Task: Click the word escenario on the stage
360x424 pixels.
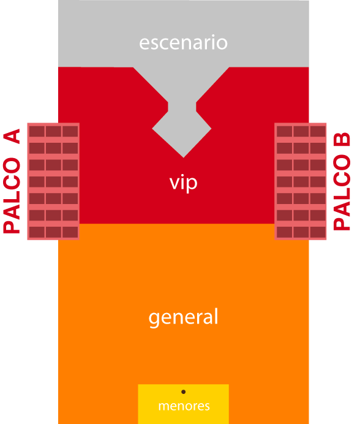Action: (x=183, y=42)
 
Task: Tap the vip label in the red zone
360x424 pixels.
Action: (x=183, y=183)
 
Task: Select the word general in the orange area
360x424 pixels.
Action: (x=183, y=317)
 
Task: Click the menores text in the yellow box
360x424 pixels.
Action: (x=184, y=406)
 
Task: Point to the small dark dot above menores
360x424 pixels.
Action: (x=183, y=392)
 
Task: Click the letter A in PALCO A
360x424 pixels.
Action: (x=12, y=136)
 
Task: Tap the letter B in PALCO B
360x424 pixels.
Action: (x=342, y=140)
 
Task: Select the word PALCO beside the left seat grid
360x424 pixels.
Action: (x=12, y=195)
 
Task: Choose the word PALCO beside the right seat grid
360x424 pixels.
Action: (x=342, y=192)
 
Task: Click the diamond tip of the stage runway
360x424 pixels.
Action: (x=183, y=157)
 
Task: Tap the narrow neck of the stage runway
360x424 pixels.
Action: (x=182, y=107)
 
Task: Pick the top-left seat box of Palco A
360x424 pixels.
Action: (x=37, y=132)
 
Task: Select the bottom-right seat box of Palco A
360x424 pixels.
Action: (x=70, y=232)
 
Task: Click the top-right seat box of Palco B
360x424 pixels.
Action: (x=318, y=132)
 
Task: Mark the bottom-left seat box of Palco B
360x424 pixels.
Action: (x=284, y=232)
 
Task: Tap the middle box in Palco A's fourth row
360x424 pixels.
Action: (x=53, y=182)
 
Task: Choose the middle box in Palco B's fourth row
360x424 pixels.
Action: (x=301, y=182)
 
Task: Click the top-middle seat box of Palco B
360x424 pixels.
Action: (x=301, y=132)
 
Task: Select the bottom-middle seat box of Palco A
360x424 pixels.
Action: (x=53, y=232)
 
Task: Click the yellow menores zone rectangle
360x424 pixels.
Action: (x=183, y=404)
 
